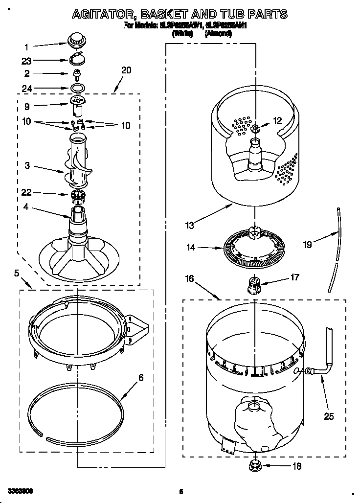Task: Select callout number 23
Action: [x=26, y=61]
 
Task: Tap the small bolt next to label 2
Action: [x=76, y=74]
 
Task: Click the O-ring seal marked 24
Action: [x=77, y=88]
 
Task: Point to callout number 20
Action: [x=126, y=70]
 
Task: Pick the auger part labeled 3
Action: [x=78, y=161]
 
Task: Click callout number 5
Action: [x=16, y=273]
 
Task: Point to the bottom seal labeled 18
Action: [x=255, y=465]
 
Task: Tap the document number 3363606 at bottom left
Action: [x=21, y=490]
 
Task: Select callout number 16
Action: [x=189, y=278]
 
